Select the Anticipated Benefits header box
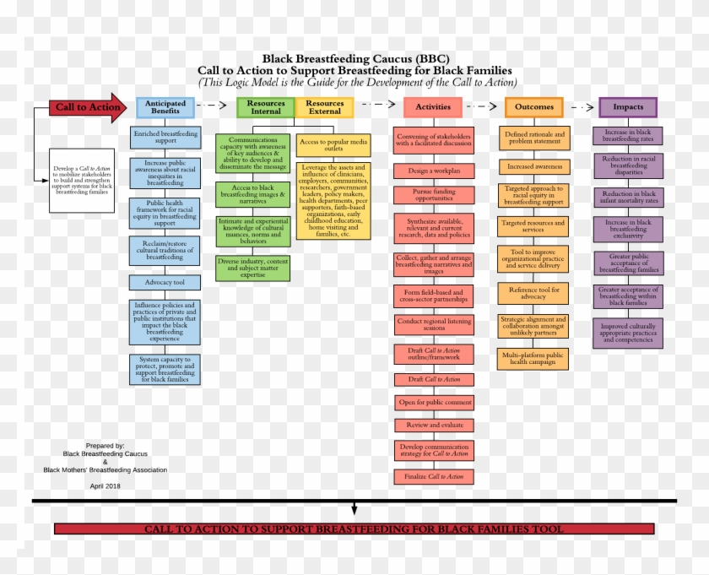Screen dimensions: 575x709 pyautogui.click(x=166, y=107)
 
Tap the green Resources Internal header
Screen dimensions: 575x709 pyautogui.click(x=266, y=107)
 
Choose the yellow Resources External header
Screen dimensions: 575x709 pyautogui.click(x=325, y=107)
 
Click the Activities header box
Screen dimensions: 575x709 pyautogui.click(x=433, y=107)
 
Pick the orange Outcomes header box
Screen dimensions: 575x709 pyautogui.click(x=534, y=107)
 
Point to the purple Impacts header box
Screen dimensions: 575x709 pyautogui.click(x=628, y=107)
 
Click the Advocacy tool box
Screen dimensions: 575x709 pyautogui.click(x=165, y=282)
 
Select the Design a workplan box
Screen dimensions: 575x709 pyautogui.click(x=434, y=171)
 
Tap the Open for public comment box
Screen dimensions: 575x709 pyautogui.click(x=434, y=403)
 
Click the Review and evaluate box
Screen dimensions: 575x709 pyautogui.click(x=434, y=426)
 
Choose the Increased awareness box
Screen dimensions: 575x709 pyautogui.click(x=534, y=166)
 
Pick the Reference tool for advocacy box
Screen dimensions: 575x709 pyautogui.click(x=534, y=294)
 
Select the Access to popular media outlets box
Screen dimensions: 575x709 pyautogui.click(x=333, y=144)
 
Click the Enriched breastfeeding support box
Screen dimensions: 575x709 pyautogui.click(x=165, y=138)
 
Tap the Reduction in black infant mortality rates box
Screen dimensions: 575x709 pyautogui.click(x=628, y=198)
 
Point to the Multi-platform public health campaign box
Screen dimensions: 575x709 pyautogui.click(x=534, y=359)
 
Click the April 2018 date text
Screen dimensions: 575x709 pyautogui.click(x=105, y=486)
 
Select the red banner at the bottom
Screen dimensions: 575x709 pyautogui.click(x=354, y=529)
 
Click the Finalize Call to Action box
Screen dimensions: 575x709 pyautogui.click(x=434, y=477)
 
